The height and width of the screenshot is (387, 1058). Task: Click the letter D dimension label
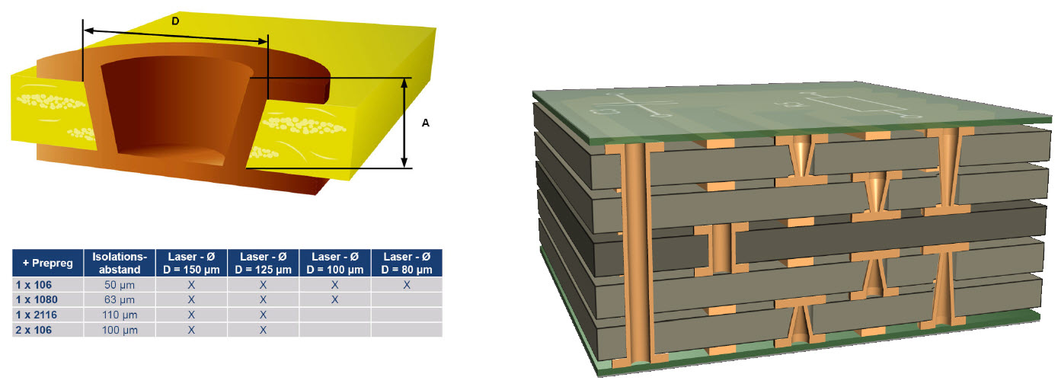click(x=175, y=21)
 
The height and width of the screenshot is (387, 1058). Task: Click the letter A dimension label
click(x=426, y=123)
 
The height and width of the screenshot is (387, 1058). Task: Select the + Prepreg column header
click(x=48, y=263)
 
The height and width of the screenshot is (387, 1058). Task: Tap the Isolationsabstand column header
click(x=120, y=263)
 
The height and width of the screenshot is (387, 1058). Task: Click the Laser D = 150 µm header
click(x=191, y=263)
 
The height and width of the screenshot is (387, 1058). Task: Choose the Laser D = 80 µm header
click(x=407, y=263)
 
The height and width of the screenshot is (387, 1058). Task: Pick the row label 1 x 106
click(x=34, y=285)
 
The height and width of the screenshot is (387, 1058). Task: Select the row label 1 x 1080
click(x=37, y=299)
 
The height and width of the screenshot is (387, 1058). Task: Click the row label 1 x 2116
click(x=36, y=315)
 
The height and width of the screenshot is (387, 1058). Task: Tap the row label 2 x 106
click(x=34, y=330)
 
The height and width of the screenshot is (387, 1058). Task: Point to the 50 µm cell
click(x=120, y=285)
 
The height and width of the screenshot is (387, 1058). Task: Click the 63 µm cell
click(x=120, y=299)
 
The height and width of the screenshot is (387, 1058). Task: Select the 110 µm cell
click(x=120, y=315)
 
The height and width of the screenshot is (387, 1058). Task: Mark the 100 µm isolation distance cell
click(x=120, y=330)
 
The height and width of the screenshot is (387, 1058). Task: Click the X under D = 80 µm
click(x=407, y=285)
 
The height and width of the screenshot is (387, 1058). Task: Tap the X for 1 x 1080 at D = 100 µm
click(x=335, y=299)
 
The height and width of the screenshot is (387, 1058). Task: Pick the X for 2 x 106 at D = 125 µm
click(x=263, y=330)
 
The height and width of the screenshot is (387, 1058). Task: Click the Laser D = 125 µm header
click(x=263, y=263)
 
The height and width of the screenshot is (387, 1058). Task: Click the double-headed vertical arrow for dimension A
click(x=404, y=123)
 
